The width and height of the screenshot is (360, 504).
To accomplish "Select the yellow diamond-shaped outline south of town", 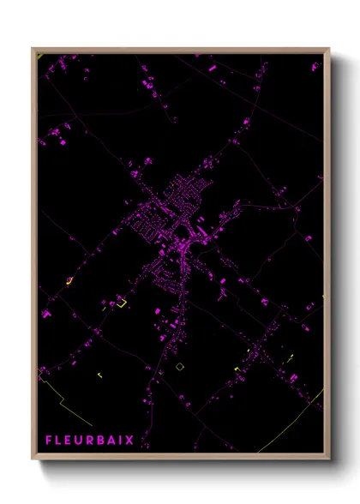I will (180, 366).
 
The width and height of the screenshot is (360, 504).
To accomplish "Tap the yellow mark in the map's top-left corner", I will (39, 57).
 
